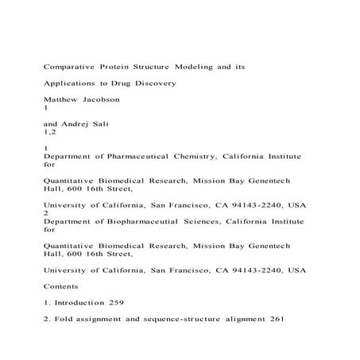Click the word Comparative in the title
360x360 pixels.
pyautogui.click(x=72, y=68)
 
